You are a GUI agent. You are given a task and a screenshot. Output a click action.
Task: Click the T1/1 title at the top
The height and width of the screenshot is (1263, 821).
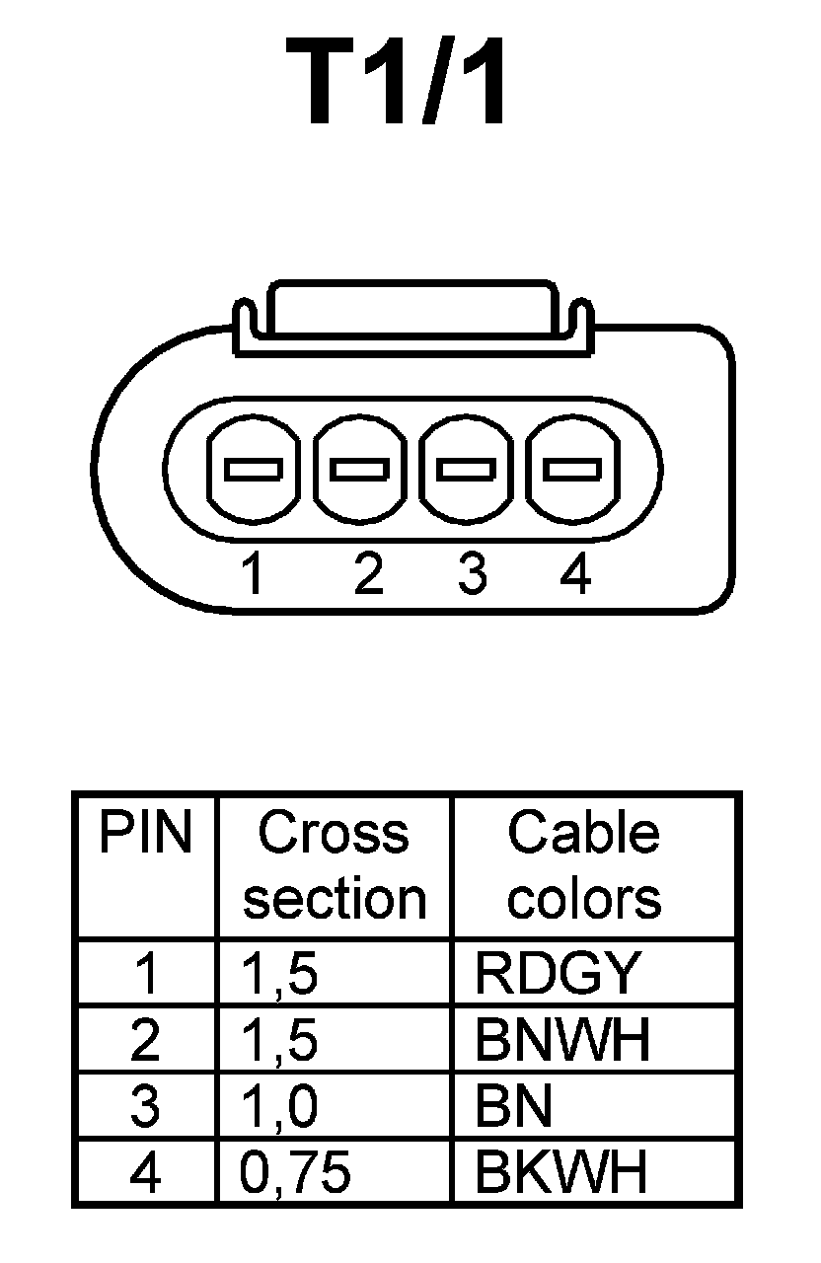(399, 84)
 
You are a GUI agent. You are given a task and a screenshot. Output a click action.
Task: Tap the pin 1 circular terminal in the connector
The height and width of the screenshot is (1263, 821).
(254, 469)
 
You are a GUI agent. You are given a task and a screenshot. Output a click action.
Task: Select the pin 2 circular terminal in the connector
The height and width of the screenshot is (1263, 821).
(360, 469)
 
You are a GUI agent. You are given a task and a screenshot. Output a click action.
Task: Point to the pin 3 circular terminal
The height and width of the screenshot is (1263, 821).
(467, 469)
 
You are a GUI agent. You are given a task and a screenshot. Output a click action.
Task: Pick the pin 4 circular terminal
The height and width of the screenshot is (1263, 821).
(573, 469)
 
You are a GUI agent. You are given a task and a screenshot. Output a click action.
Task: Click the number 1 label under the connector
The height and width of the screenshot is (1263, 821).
(254, 574)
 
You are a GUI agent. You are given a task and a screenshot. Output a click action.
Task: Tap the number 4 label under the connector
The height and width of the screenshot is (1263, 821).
(574, 574)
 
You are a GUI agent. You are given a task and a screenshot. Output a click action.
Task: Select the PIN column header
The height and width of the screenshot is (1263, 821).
(145, 835)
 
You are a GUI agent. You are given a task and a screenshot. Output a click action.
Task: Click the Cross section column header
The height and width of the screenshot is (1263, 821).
(334, 866)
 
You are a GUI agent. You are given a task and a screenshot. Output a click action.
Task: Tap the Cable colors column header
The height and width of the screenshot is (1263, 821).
(583, 866)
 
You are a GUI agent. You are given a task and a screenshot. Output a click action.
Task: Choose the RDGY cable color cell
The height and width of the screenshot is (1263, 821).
(558, 973)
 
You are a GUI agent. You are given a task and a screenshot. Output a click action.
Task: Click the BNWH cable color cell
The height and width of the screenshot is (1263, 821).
(562, 1040)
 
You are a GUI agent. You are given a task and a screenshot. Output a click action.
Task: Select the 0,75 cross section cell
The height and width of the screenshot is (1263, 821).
(296, 1173)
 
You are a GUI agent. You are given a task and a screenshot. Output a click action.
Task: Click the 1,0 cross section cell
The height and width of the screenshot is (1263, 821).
(280, 1107)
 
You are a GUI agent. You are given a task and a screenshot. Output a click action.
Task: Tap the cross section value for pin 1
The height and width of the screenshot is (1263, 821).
(280, 973)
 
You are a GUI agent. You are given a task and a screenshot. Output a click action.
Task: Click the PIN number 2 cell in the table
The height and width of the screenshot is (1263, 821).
(145, 1040)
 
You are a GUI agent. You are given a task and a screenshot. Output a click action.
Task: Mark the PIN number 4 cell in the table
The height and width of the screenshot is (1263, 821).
(145, 1173)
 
